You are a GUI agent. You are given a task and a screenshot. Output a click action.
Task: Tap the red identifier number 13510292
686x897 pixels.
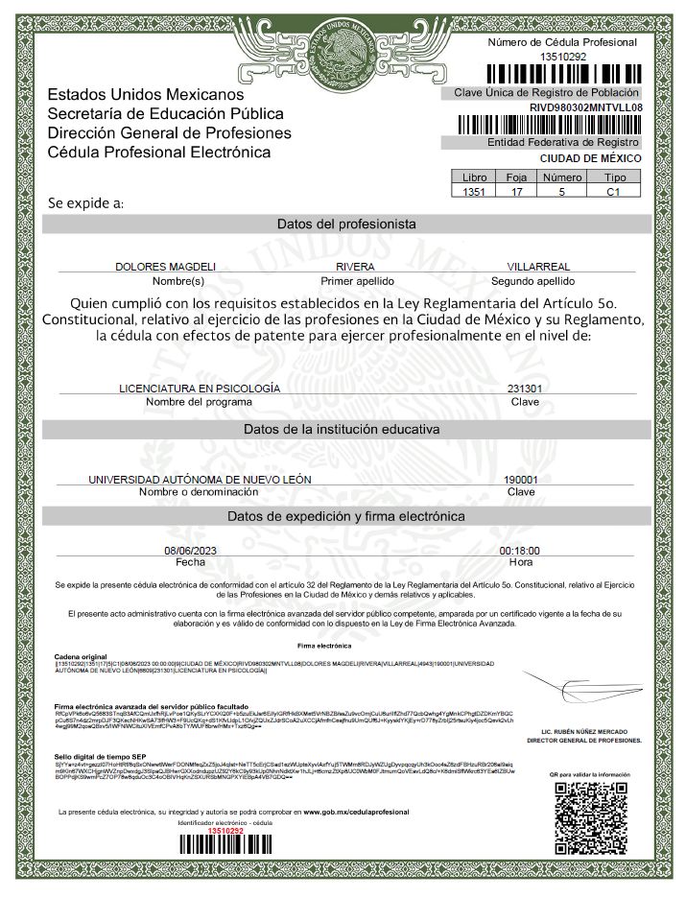226,830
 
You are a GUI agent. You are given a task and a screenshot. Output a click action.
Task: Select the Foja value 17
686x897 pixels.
516,192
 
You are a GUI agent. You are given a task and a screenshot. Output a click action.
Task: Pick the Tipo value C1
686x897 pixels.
614,192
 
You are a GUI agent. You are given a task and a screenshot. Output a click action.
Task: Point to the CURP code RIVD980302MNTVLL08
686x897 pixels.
585,107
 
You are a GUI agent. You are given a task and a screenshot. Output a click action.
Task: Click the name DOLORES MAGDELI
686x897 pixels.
166,266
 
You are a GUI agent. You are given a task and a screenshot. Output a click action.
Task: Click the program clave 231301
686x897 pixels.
524,389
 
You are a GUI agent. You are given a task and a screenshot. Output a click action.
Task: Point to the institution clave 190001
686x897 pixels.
520,479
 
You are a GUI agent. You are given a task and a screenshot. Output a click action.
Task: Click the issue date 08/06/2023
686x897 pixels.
192,551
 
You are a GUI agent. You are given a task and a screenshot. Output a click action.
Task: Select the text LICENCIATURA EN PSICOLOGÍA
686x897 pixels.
199,389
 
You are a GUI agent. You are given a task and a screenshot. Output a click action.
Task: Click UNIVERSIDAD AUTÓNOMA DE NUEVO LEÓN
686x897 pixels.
200,479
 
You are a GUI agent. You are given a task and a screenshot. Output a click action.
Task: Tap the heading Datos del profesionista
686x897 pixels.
346,224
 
